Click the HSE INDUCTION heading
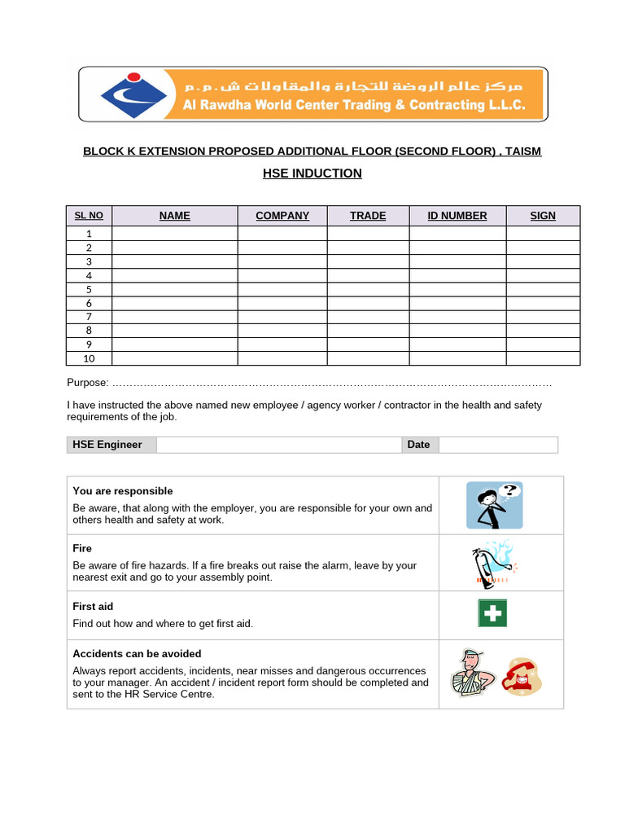[312, 173]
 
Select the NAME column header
[175, 216]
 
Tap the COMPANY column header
[282, 216]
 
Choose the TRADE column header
[368, 216]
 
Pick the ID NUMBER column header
[457, 216]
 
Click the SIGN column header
[543, 216]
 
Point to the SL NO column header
[89, 216]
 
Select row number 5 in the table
[89, 289]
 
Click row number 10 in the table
[89, 358]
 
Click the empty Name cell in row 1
[175, 233]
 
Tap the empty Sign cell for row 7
[543, 317]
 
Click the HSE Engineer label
[107, 445]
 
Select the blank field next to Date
[498, 445]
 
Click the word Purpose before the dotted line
[86, 383]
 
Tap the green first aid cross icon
[492, 613]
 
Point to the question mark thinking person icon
[494, 505]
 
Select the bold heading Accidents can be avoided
[137, 654]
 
